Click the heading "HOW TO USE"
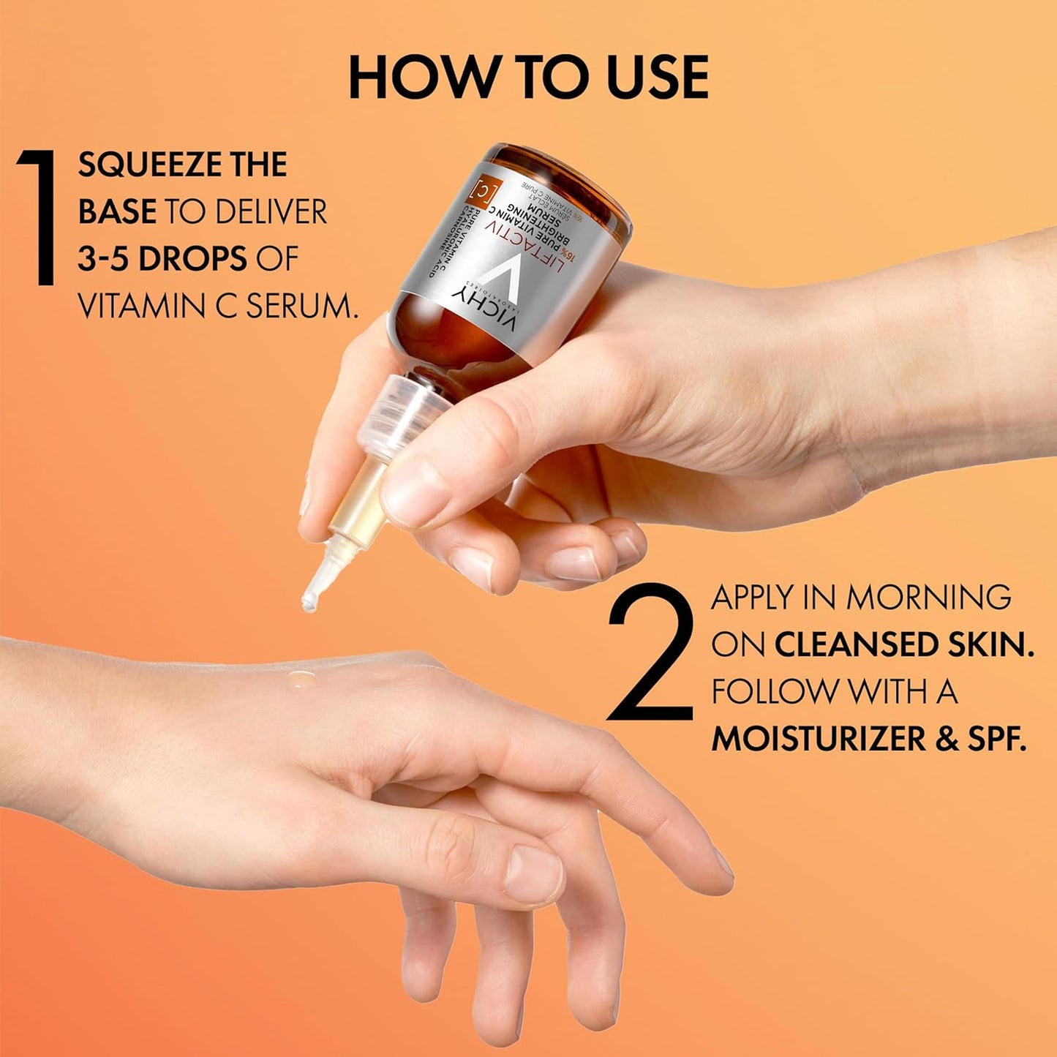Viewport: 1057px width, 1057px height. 528,77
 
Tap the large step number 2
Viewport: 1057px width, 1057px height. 650,651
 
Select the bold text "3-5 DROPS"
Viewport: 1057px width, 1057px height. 162,260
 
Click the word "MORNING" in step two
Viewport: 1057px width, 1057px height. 928,598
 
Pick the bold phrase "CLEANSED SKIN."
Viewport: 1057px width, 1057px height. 904,645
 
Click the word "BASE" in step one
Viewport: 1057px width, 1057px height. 117,212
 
